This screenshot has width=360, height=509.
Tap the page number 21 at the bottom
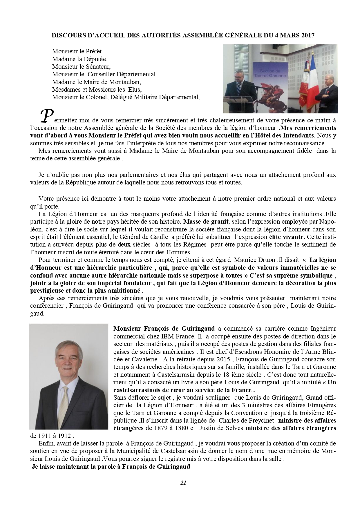coord(183,483)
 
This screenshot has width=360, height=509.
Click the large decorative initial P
coord(46,115)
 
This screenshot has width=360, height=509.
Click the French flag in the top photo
coord(307,77)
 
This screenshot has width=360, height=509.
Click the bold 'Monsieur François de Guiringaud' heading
coord(164,329)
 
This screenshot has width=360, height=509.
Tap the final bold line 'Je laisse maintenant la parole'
coord(111,467)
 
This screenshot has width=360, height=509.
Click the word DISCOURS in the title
coord(64,35)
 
